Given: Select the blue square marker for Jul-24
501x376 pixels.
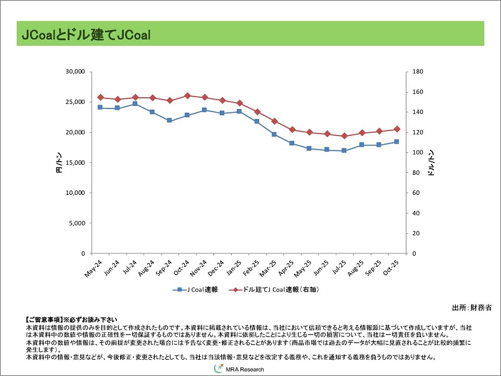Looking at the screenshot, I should (135, 103).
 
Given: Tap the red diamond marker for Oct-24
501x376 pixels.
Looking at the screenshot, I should (187, 95).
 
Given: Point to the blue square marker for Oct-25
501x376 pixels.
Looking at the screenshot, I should (396, 142).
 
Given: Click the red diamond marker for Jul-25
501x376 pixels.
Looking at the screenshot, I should (344, 136).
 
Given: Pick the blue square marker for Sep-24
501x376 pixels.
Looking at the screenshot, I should (170, 120).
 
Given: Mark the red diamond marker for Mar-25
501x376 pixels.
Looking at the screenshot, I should (274, 121).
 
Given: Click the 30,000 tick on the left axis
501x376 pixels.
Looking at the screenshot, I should (75, 72).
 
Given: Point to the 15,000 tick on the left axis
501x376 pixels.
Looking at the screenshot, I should (75, 163).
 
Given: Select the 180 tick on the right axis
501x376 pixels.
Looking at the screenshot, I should (418, 72).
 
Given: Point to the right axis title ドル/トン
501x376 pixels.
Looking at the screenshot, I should (431, 164).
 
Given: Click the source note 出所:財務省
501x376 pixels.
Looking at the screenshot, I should (472, 308).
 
